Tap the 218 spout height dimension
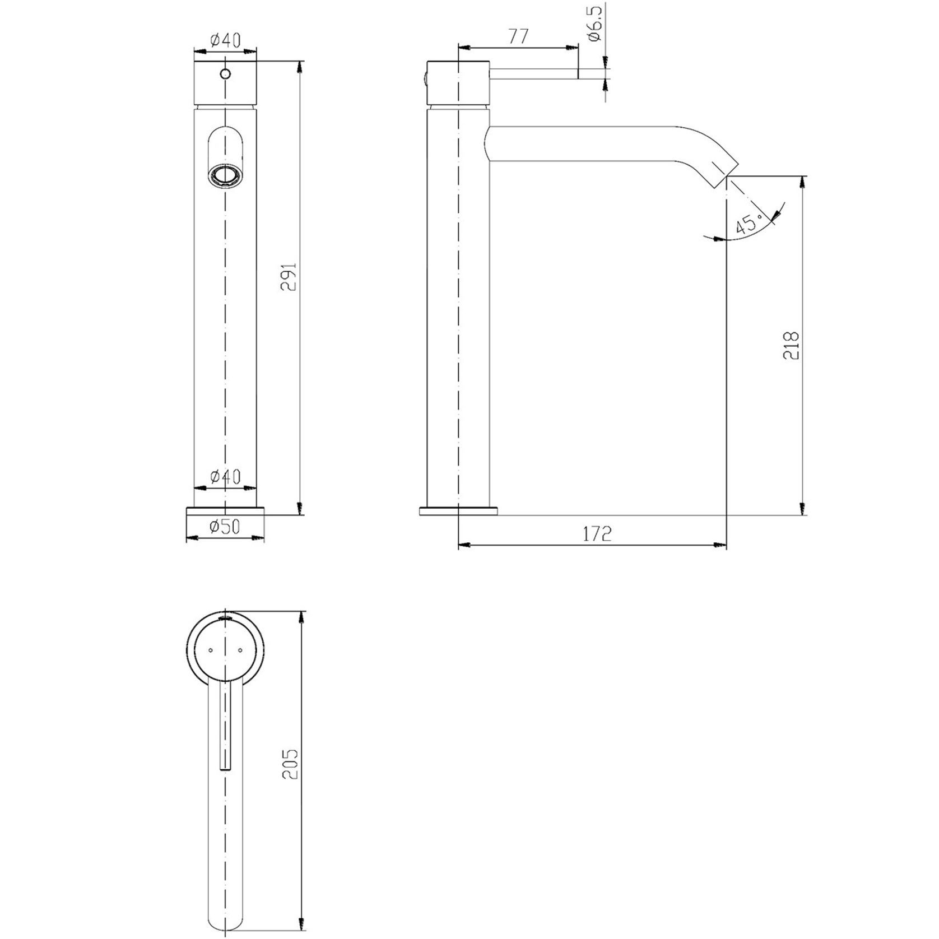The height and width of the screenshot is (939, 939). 791,346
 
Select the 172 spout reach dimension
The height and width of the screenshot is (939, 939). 597,534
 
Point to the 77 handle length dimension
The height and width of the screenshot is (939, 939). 518,37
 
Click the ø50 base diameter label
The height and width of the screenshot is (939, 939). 225,527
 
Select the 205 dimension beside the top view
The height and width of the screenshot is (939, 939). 290,764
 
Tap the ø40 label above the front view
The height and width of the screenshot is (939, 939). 225,40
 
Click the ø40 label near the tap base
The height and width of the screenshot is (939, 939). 225,477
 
